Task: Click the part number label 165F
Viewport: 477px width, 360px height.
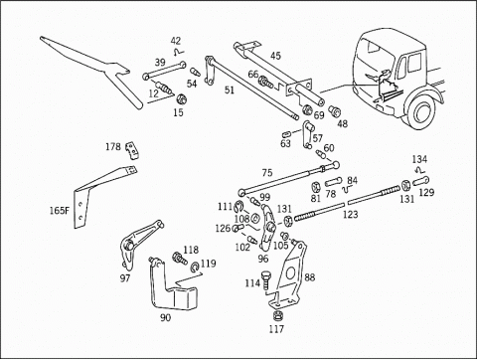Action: tap(60, 211)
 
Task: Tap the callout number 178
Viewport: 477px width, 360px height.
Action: tap(113, 146)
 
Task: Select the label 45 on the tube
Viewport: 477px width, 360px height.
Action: tap(275, 56)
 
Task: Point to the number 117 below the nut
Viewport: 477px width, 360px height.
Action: tap(276, 329)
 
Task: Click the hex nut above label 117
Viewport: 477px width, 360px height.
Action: tap(278, 315)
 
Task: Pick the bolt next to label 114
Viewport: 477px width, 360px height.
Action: tap(265, 280)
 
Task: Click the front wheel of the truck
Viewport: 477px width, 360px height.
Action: tap(422, 111)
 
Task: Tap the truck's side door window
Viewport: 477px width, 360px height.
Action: tap(414, 64)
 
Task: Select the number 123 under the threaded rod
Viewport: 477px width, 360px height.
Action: tap(350, 215)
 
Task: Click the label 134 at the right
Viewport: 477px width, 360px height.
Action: tap(419, 159)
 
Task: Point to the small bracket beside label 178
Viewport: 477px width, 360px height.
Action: tap(132, 150)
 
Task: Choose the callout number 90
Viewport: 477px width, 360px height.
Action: tap(165, 317)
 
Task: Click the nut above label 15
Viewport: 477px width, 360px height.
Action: tap(181, 98)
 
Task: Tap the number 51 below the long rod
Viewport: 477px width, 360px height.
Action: tap(229, 90)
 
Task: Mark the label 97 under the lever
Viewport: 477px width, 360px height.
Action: tap(125, 277)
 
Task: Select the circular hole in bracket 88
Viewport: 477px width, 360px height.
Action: tap(290, 272)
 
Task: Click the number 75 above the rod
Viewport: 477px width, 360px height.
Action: tap(267, 173)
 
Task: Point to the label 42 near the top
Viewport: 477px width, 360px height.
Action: tap(176, 41)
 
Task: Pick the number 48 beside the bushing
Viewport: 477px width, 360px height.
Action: tap(343, 123)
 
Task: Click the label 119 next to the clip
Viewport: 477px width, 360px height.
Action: tap(209, 264)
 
